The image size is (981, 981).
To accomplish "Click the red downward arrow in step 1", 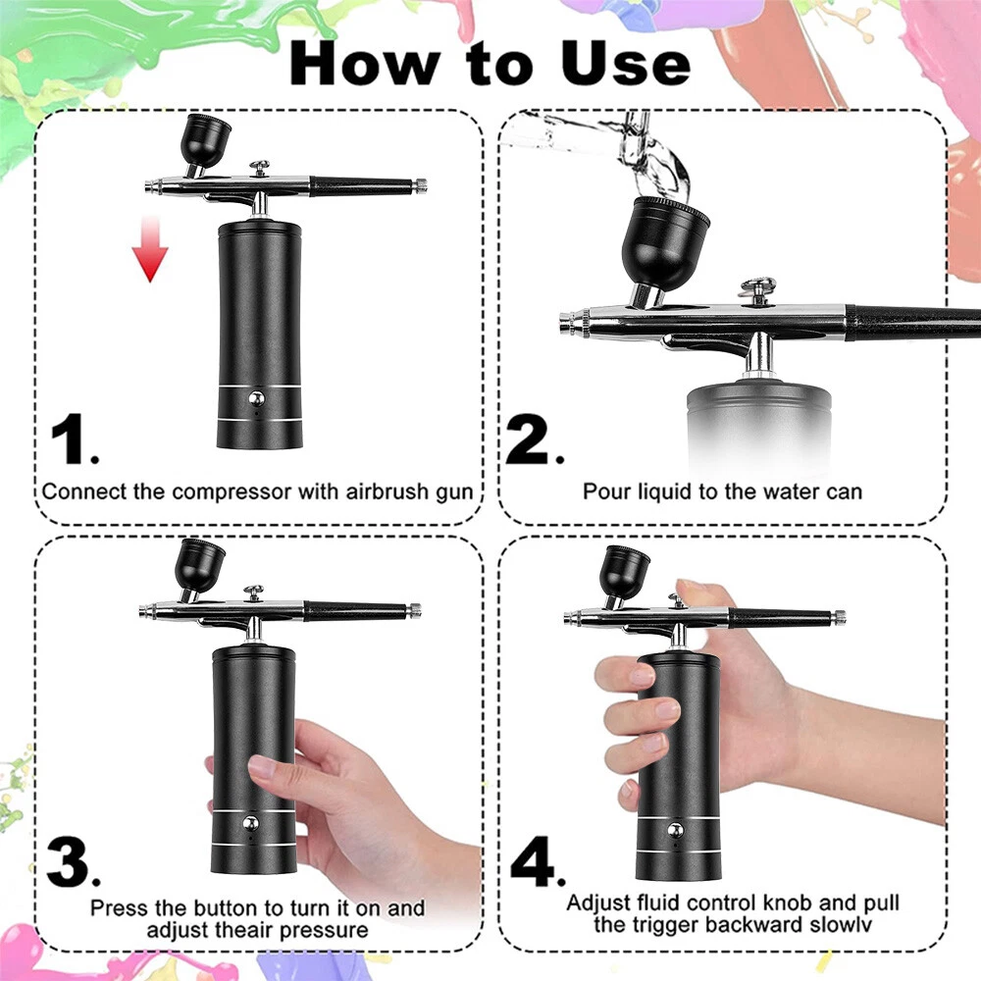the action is (150, 248).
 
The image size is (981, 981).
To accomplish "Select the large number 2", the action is (533, 439).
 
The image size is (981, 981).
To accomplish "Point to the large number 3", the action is (73, 862).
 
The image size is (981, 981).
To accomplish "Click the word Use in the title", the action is (626, 63).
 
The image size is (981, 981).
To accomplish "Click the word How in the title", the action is (364, 63).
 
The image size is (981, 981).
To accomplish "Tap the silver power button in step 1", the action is (256, 398).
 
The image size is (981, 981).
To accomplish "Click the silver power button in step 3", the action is (250, 823).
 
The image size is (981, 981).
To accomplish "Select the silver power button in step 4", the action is (675, 831).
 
